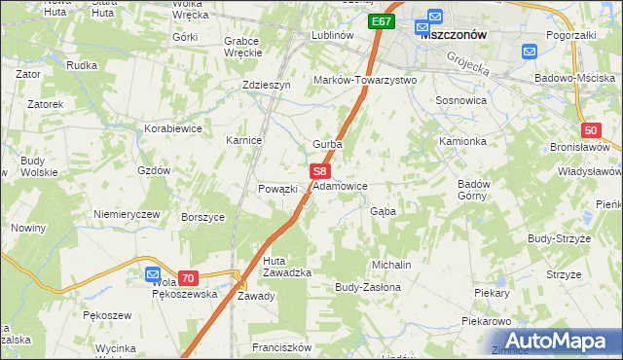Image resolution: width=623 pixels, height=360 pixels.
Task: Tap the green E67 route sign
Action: [381, 21]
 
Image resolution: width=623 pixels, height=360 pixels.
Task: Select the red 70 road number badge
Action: [188, 277]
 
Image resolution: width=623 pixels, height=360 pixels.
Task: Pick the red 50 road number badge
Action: [591, 131]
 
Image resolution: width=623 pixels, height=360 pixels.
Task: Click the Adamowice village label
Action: [340, 185]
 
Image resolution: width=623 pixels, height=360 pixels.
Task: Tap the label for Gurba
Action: [327, 144]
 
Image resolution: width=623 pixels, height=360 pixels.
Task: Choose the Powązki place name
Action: [276, 189]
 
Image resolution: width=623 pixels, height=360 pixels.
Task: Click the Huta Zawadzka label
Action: [287, 266]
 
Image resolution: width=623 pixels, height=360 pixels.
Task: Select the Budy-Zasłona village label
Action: [368, 288]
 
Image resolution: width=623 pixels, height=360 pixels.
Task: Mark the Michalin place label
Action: [391, 265]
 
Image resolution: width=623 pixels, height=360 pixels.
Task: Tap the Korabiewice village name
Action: [173, 127]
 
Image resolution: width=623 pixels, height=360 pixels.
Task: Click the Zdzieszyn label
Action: [267, 85]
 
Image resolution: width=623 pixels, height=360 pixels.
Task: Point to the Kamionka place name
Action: [462, 141]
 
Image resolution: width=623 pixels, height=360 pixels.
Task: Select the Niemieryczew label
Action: [126, 213]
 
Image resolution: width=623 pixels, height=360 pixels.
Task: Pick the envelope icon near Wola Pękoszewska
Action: [153, 275]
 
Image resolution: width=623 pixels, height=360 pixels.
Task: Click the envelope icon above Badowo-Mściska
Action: [531, 52]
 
